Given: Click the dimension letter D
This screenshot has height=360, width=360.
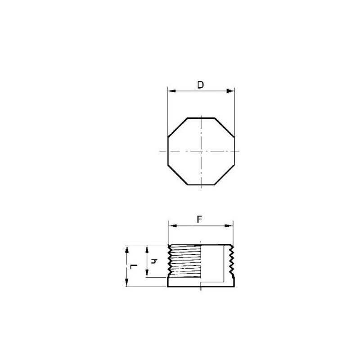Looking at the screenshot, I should (200, 85).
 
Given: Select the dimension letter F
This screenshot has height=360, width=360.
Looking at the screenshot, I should (200, 219).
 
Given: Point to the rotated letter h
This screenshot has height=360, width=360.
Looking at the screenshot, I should (153, 261).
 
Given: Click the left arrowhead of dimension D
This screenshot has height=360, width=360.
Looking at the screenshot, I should (171, 91).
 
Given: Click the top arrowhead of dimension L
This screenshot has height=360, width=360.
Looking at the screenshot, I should (127, 248).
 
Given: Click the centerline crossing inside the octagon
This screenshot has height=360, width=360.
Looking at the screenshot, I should (201, 151).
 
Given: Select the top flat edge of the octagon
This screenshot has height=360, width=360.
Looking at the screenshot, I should (201, 118).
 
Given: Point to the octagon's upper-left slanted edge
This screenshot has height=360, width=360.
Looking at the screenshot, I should (177, 127).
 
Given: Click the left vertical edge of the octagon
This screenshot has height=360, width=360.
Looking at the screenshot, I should (168, 151).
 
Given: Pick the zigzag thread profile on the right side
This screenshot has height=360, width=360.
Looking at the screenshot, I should (231, 261).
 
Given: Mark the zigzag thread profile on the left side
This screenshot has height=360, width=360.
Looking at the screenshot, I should (170, 261).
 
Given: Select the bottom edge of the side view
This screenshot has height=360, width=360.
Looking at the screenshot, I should (201, 287).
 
